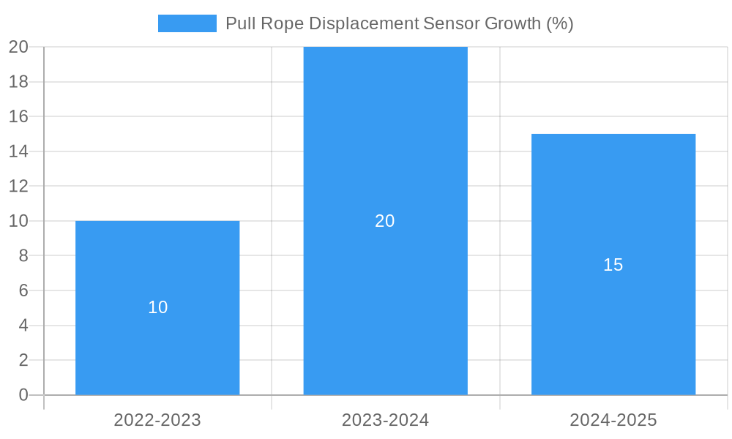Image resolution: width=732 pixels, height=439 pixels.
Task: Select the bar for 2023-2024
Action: pos(385,146)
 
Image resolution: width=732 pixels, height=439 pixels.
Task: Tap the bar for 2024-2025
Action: pos(613,329)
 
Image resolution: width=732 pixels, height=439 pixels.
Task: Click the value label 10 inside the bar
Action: pos(158,307)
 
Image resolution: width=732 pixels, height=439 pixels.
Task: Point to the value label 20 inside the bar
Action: pos(385,221)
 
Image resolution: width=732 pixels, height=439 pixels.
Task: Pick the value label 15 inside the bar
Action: pos(613,265)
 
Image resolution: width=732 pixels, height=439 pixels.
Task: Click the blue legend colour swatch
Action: pos(187,23)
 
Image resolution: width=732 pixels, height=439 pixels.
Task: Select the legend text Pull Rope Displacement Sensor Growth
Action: pos(399,23)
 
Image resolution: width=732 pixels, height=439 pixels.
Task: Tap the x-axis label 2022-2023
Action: pos(157,420)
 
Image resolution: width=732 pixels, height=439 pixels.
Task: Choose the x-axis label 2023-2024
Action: pos(385,420)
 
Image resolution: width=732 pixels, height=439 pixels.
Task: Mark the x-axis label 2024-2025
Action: pos(613,420)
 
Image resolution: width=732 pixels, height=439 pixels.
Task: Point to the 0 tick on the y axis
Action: pos(23,395)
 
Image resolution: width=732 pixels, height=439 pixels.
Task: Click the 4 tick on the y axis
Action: pos(23,326)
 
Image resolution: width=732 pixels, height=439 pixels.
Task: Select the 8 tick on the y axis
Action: pos(23,256)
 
